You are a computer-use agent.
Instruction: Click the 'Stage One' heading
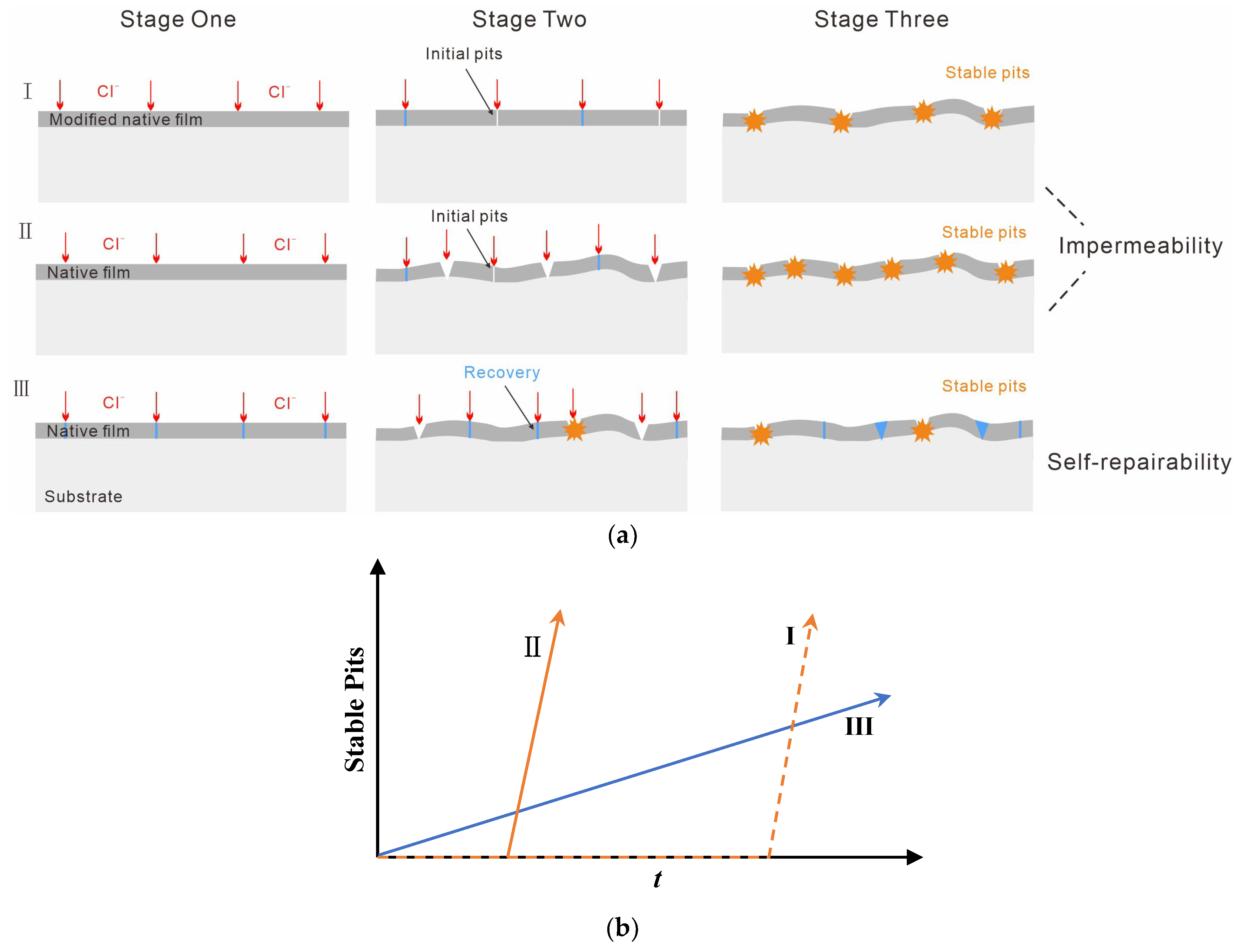(x=178, y=19)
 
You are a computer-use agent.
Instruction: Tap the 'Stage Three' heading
(x=881, y=19)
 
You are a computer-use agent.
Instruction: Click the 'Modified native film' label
(x=126, y=119)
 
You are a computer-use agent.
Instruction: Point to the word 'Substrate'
(x=83, y=496)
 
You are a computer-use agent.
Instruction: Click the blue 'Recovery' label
(x=502, y=372)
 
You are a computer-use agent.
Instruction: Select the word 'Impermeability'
(x=1141, y=246)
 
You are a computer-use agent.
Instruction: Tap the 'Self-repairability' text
(x=1139, y=462)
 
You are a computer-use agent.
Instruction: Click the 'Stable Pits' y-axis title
(x=354, y=709)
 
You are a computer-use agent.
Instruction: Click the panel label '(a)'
(x=622, y=535)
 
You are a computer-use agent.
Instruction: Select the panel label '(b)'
(x=622, y=927)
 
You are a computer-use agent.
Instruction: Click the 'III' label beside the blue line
(x=859, y=726)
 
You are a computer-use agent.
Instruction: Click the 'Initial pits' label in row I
(x=464, y=54)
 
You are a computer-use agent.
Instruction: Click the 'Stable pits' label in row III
(x=984, y=386)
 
